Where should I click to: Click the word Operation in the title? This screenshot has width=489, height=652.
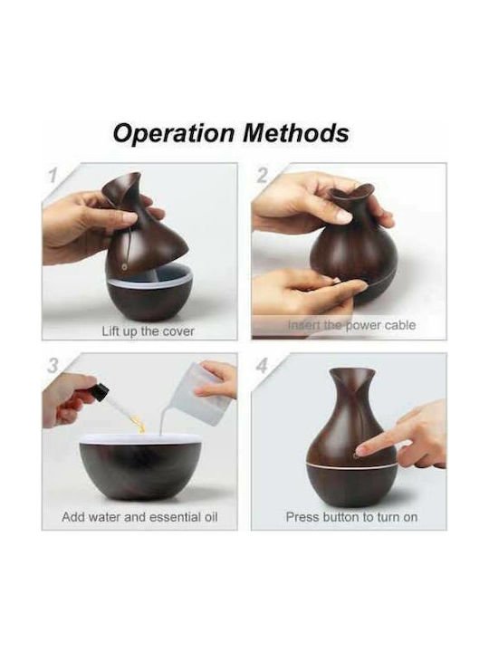click(x=173, y=134)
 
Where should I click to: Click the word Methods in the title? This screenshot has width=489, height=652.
click(x=295, y=133)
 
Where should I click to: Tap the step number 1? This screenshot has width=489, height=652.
click(x=53, y=177)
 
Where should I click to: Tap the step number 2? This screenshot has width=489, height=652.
click(x=263, y=177)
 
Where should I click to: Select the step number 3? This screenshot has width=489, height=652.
click(x=53, y=367)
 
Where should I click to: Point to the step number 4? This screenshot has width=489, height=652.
click(x=263, y=367)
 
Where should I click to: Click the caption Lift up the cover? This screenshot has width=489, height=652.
click(x=148, y=331)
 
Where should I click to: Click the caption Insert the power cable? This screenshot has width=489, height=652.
click(x=351, y=325)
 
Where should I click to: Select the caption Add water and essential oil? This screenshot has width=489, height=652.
click(x=139, y=517)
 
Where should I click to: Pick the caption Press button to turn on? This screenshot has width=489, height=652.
click(x=351, y=517)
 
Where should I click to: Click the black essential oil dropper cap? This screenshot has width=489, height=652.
click(x=100, y=391)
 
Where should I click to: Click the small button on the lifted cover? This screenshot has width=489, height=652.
click(x=123, y=267)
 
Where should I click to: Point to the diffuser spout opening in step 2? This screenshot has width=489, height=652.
click(x=351, y=193)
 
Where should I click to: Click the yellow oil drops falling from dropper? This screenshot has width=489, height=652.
click(x=139, y=421)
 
